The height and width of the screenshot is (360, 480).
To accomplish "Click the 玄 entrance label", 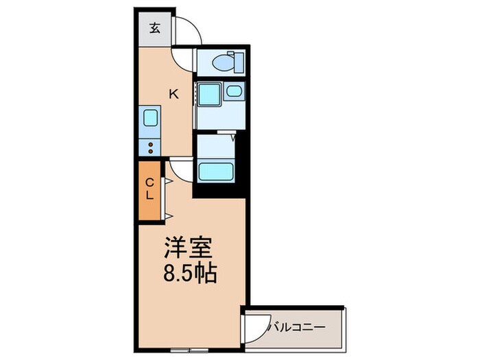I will click(x=155, y=29).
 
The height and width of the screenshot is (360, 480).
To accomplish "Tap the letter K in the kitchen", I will click(x=174, y=95).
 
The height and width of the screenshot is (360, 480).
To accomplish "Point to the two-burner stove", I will click(x=150, y=147).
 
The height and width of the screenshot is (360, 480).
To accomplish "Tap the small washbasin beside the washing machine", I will click(x=233, y=91).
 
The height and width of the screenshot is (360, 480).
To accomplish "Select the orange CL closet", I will click(x=149, y=190).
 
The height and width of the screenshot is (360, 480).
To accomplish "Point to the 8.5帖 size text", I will click(x=189, y=274).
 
